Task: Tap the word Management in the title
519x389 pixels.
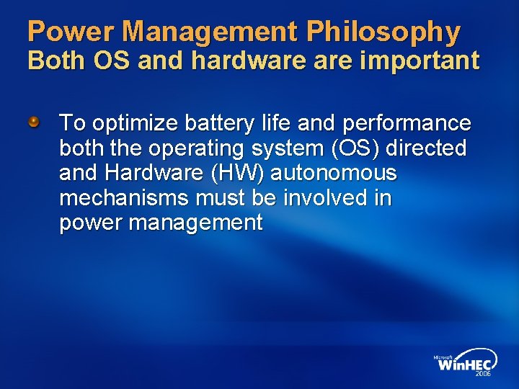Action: tap(210, 32)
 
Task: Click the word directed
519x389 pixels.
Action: tap(427, 148)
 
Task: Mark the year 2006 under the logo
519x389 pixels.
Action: tap(482, 375)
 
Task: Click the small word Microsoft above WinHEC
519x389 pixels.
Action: tap(444, 357)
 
